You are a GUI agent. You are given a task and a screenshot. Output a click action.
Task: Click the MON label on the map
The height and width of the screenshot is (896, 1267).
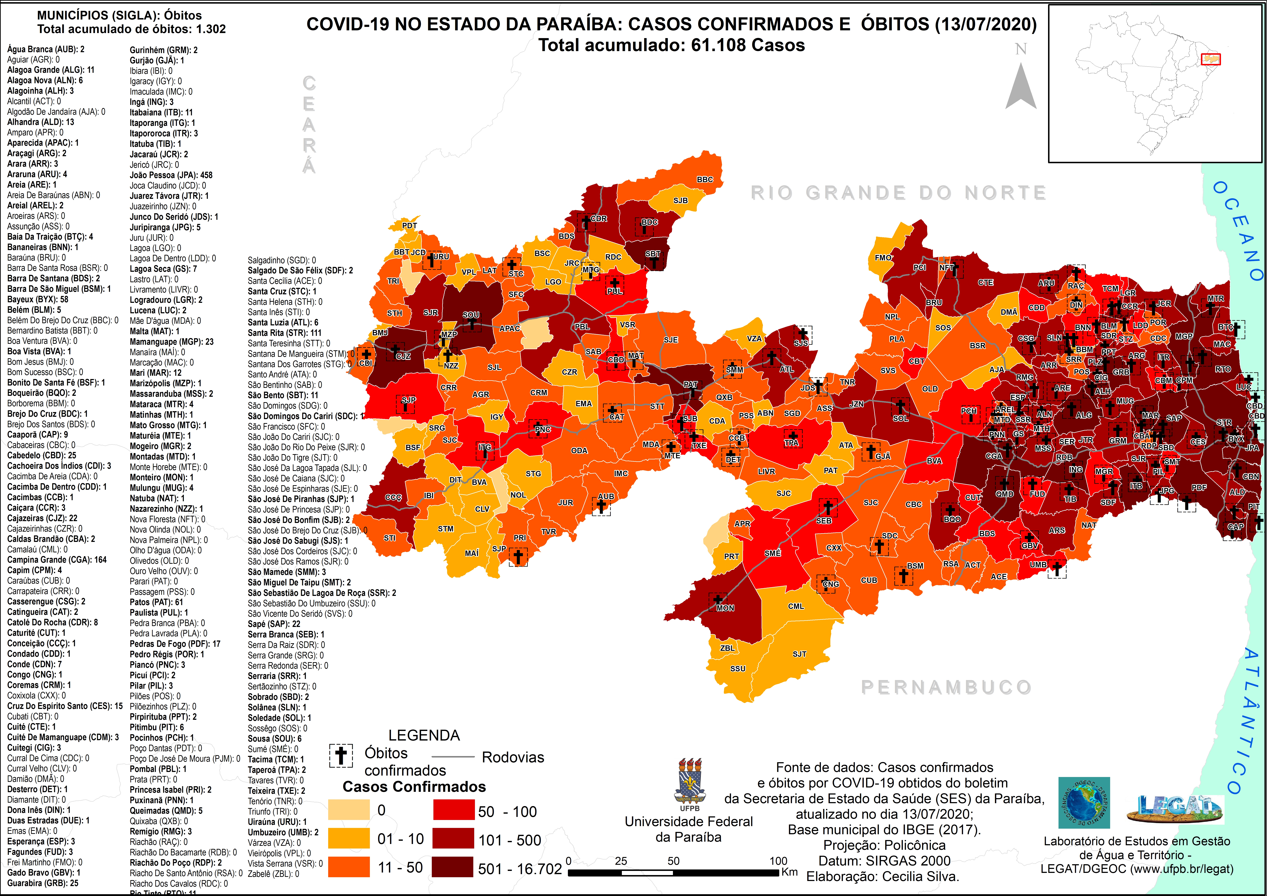[725, 608]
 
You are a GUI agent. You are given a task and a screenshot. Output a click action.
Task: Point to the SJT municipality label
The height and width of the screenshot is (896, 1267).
[800, 654]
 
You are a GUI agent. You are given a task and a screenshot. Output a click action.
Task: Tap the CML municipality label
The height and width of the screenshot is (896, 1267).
[796, 606]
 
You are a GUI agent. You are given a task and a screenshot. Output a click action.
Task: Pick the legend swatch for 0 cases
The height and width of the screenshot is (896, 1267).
[349, 810]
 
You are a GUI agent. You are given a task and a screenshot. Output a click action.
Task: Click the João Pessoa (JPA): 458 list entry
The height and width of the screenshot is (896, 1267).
[171, 175]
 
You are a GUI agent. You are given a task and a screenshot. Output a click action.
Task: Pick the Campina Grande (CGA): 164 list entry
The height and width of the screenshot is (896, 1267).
[57, 559]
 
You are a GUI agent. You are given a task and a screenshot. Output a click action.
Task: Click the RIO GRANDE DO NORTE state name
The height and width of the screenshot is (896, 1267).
[898, 193]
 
